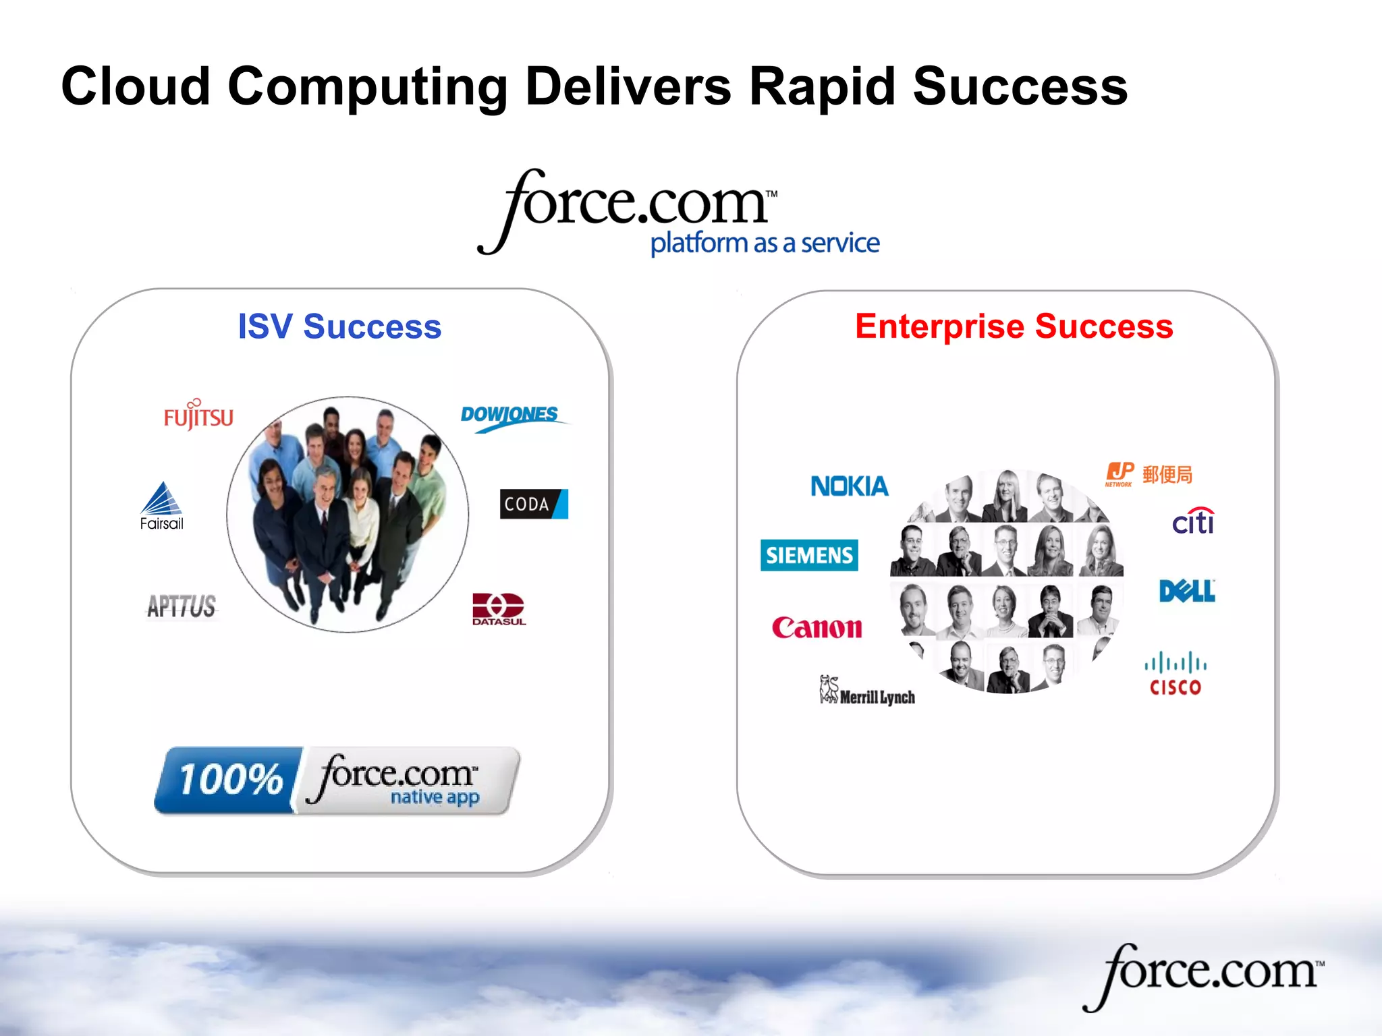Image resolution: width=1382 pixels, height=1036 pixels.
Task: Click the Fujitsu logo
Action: pyautogui.click(x=198, y=415)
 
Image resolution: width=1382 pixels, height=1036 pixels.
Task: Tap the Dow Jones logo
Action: pyautogui.click(x=511, y=415)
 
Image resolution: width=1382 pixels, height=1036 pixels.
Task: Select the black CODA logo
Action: pyautogui.click(x=533, y=504)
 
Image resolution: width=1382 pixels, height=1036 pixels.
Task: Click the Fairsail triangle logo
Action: pyautogui.click(x=162, y=506)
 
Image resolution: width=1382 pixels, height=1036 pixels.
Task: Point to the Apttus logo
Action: pyautogui.click(x=182, y=606)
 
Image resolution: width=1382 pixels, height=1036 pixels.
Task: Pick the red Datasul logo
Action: pyautogui.click(x=498, y=609)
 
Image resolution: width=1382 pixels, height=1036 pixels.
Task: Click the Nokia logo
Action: pyautogui.click(x=849, y=486)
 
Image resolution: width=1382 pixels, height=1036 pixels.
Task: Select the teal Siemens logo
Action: pyautogui.click(x=809, y=555)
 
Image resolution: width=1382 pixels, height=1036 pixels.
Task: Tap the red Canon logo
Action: pyautogui.click(x=817, y=627)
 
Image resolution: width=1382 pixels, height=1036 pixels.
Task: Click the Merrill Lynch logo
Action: pyautogui.click(x=868, y=692)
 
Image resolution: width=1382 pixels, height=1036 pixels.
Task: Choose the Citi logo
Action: pyautogui.click(x=1193, y=521)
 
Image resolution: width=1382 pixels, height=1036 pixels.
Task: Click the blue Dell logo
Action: pyautogui.click(x=1187, y=591)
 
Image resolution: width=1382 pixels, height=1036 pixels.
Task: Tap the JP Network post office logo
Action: pyautogui.click(x=1149, y=474)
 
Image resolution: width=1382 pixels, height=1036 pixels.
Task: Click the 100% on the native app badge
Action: pyautogui.click(x=229, y=780)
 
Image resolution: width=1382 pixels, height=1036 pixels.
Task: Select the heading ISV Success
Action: pyautogui.click(x=339, y=326)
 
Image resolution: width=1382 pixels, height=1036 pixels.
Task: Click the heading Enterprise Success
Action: pyautogui.click(x=1014, y=326)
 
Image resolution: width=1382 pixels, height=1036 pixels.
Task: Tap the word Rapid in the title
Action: pyautogui.click(x=821, y=86)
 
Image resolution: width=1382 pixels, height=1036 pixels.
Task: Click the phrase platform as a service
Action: pyautogui.click(x=765, y=243)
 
